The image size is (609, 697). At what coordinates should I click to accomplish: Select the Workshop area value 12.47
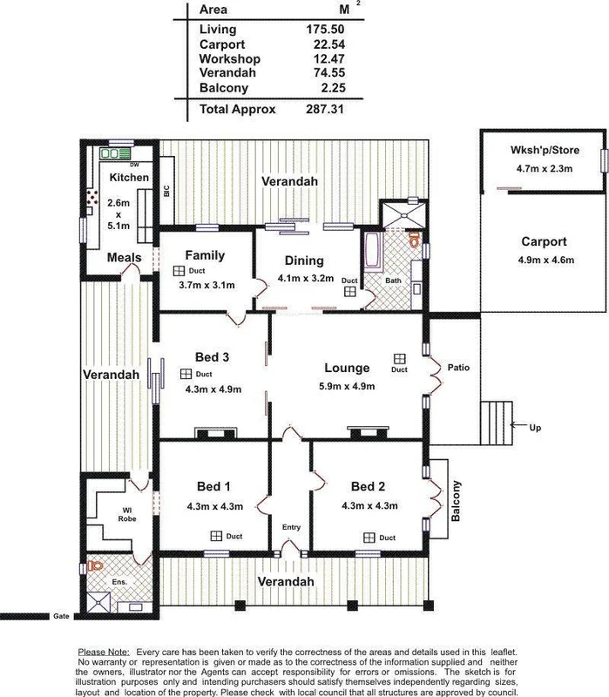coord(323,58)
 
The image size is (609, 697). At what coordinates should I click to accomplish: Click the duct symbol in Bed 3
coord(185,374)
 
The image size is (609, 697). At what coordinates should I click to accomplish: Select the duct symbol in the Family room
coord(178,271)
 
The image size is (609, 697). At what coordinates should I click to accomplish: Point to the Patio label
coord(458,368)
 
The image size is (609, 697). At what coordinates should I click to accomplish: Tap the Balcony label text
coord(456,501)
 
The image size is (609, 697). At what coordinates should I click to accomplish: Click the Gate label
coord(60,615)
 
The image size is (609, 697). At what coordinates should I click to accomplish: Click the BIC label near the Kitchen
coord(166,192)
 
